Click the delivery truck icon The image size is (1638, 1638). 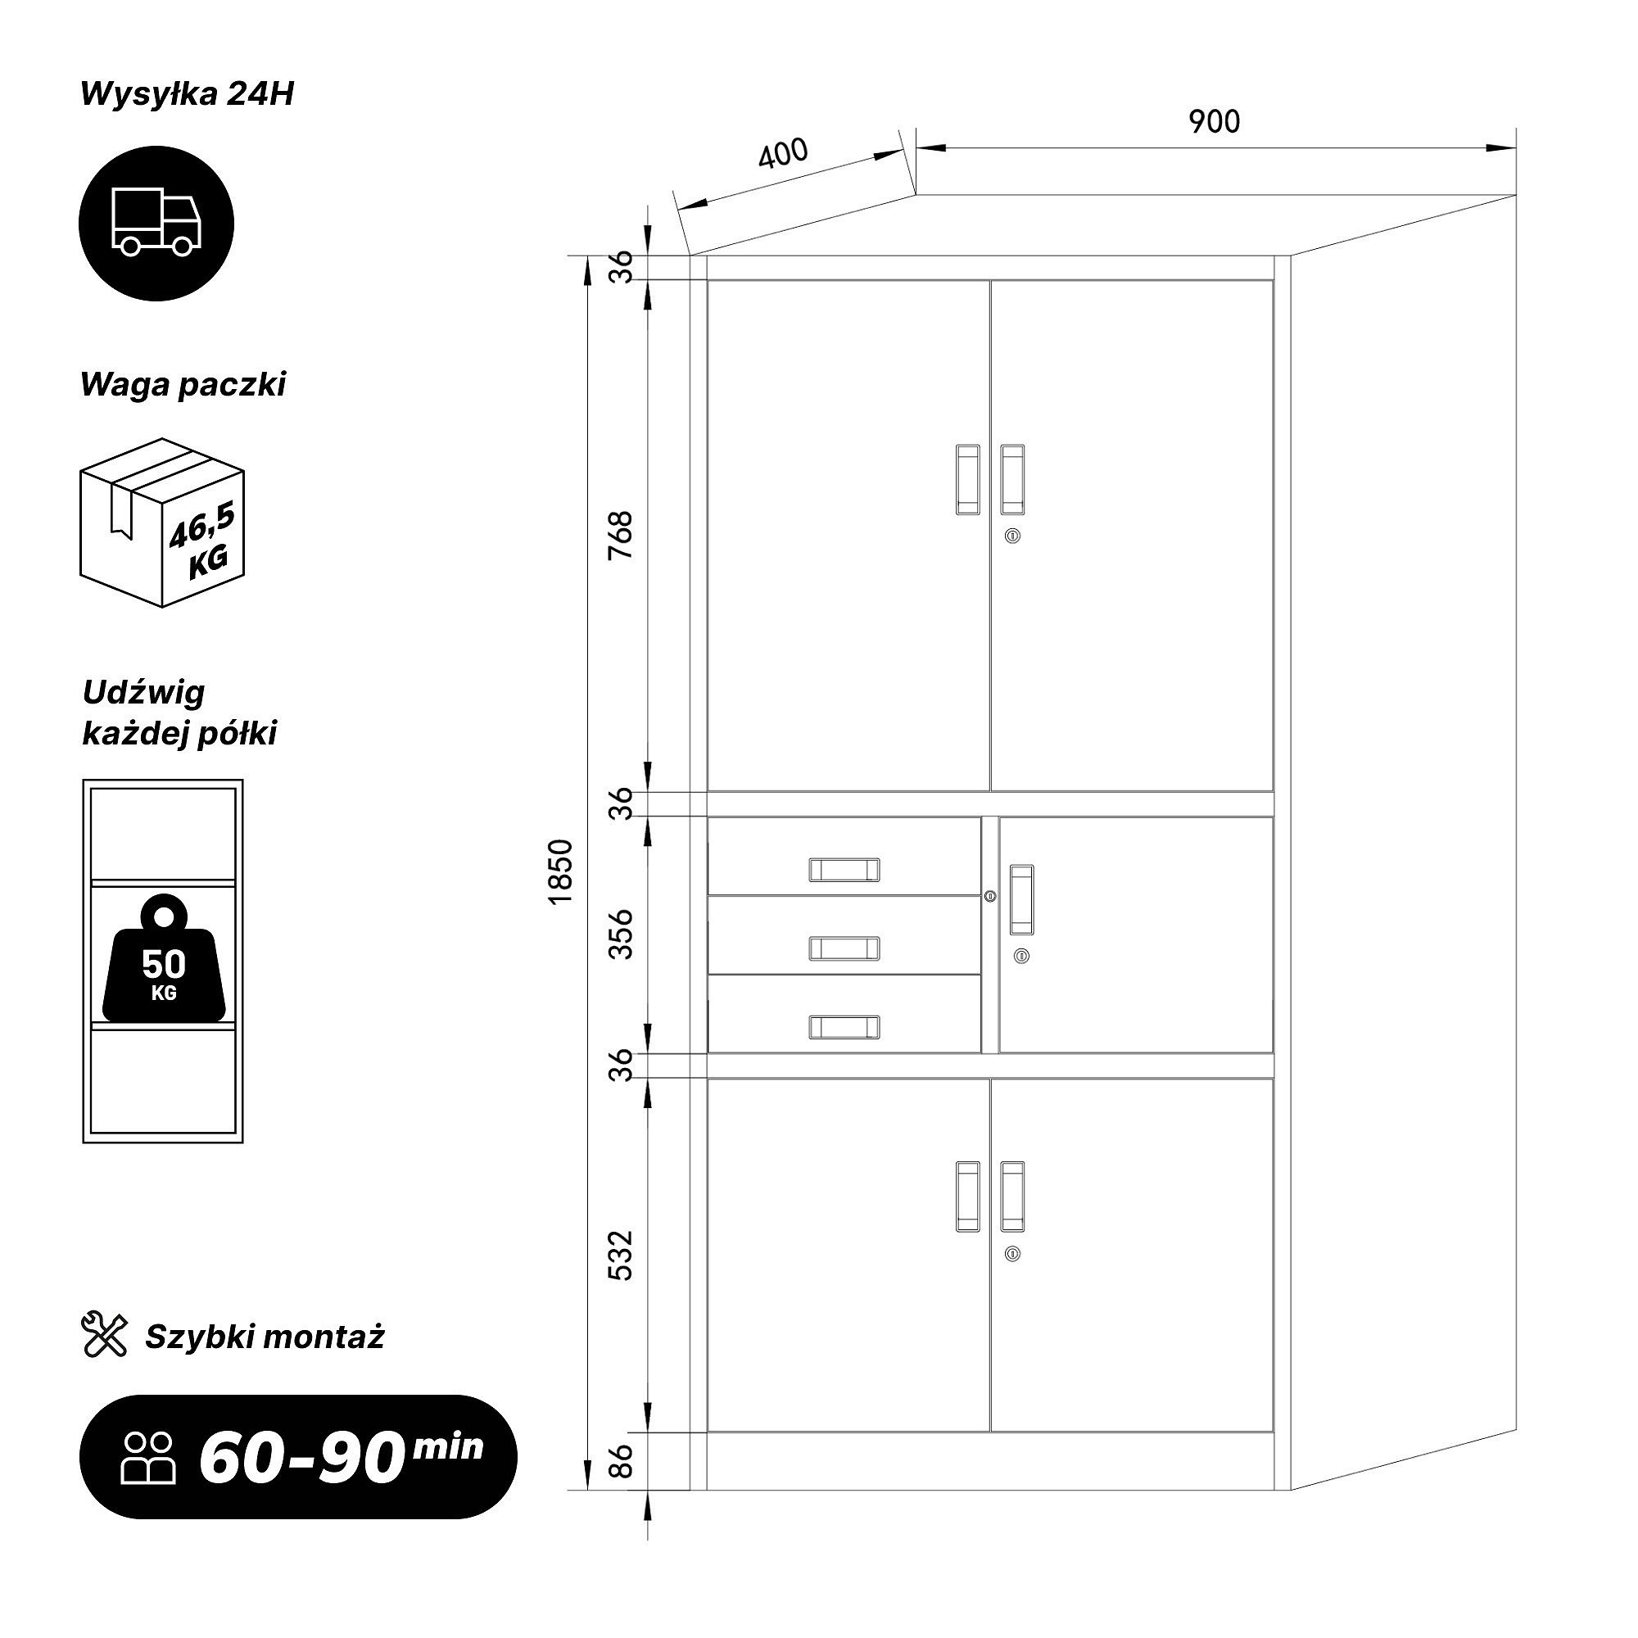(x=157, y=223)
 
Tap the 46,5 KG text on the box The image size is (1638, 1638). (x=203, y=541)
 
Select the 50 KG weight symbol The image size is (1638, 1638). (x=165, y=957)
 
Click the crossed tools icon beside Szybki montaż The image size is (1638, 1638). (x=104, y=1334)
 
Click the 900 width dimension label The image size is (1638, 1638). (x=1214, y=122)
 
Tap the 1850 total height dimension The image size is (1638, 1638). (x=561, y=872)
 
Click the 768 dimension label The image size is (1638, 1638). (x=622, y=534)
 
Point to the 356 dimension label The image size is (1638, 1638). (x=622, y=934)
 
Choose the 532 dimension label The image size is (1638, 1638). (x=622, y=1256)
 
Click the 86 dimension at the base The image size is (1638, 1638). (x=622, y=1461)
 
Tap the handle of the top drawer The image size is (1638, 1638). (x=844, y=870)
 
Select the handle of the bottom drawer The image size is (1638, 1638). (x=844, y=1027)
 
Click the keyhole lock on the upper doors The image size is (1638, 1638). (x=1012, y=536)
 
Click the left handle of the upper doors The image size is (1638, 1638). (x=968, y=480)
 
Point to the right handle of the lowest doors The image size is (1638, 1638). (x=1012, y=1197)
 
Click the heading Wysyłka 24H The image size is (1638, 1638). (x=187, y=95)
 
